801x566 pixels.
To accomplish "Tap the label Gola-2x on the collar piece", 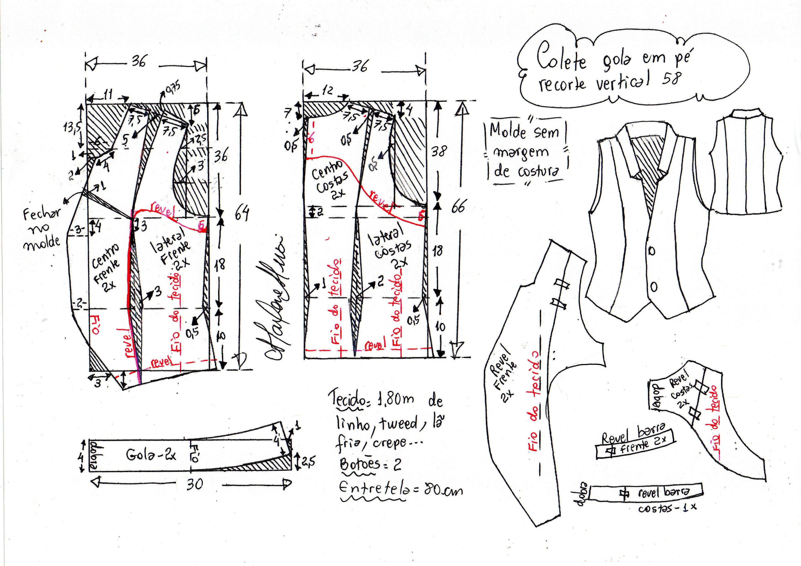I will pos(151,455).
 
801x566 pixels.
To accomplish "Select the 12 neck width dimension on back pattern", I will pos(327,91).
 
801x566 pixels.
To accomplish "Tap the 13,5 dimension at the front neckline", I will pos(71,128).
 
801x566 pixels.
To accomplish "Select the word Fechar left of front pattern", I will pos(41,213).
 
